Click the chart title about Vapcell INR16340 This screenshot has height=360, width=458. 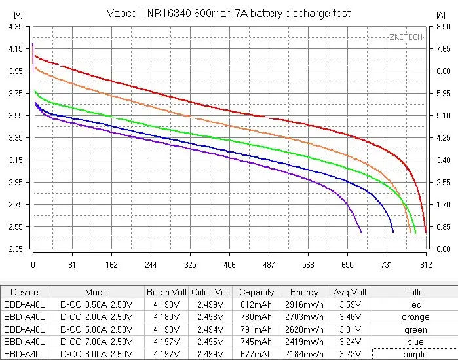tap(229, 13)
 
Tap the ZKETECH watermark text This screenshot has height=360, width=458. tap(406, 37)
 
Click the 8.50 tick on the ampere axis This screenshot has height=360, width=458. tap(443, 27)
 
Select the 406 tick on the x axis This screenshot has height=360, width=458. tap(229, 265)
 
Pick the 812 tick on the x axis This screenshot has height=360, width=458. tap(426, 265)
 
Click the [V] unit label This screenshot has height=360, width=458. tap(18, 14)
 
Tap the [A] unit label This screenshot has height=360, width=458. tap(441, 14)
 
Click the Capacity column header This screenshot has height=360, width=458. tap(256, 292)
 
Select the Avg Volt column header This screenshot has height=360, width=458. tap(349, 292)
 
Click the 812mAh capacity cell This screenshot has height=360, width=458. tap(256, 304)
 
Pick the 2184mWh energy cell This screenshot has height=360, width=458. tap(304, 354)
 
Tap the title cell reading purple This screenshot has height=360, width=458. tap(415, 354)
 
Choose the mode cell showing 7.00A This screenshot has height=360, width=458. tap(96, 342)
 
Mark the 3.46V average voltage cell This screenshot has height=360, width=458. tap(349, 317)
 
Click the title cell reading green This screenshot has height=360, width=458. tap(415, 329)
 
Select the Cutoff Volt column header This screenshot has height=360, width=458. tap(211, 292)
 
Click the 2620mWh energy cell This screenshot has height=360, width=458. tap(304, 329)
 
